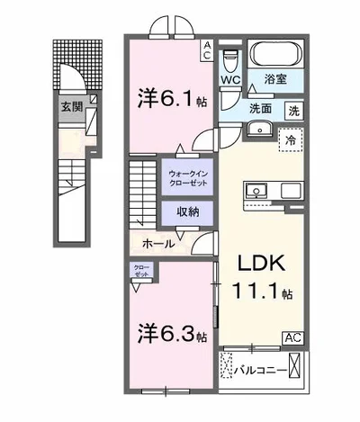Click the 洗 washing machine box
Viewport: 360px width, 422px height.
[x=294, y=112]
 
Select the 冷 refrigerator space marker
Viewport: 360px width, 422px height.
[x=291, y=141]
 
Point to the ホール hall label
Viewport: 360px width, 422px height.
[x=158, y=243]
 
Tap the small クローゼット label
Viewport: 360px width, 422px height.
[x=142, y=270]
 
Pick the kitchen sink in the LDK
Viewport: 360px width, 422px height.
[x=253, y=190]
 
